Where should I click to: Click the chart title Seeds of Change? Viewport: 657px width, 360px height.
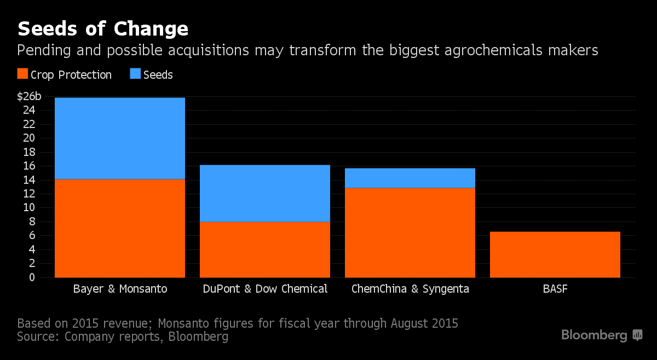pos(103,28)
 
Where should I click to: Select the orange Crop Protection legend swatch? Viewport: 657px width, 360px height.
pos(22,74)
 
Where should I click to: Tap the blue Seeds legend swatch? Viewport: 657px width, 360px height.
pos(135,74)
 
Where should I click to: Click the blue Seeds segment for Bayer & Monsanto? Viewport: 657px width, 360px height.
pos(120,138)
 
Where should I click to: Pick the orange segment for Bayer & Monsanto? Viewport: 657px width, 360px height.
pos(120,228)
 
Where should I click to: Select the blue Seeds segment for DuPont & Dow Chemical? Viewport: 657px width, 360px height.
pos(265,193)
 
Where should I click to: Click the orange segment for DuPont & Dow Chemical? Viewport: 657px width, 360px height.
pos(265,249)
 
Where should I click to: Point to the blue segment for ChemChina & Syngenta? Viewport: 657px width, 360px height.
pos(410,178)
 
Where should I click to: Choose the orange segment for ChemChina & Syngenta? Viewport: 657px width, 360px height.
pos(410,233)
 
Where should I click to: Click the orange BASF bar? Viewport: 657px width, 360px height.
pos(555,254)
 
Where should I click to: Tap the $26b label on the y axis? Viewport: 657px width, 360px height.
pos(29,97)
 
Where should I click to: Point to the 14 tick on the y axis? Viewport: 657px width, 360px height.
pos(29,180)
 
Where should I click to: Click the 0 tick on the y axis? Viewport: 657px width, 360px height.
pos(32,277)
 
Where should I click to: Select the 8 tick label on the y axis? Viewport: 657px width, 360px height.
pos(32,222)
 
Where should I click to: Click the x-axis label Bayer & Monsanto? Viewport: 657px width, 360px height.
pos(120,288)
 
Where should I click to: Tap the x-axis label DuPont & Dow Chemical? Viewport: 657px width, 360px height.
pos(265,288)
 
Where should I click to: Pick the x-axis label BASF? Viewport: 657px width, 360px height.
pos(555,288)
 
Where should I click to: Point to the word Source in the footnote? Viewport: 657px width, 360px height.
pos(37,336)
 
